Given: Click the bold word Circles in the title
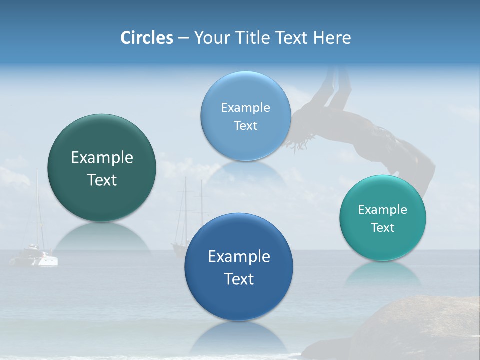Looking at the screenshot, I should pyautogui.click(x=146, y=38).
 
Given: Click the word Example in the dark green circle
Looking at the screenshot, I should pyautogui.click(x=102, y=158).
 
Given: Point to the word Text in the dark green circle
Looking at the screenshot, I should pyautogui.click(x=102, y=180).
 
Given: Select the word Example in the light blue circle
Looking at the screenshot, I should pyautogui.click(x=245, y=108).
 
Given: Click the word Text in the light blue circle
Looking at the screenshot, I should pyautogui.click(x=245, y=126).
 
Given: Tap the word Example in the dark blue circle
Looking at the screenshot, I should pyautogui.click(x=239, y=257).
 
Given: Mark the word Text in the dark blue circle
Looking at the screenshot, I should pyautogui.click(x=239, y=279).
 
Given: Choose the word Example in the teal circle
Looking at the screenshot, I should pyautogui.click(x=383, y=210).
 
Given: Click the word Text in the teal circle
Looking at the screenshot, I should pyautogui.click(x=383, y=228).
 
